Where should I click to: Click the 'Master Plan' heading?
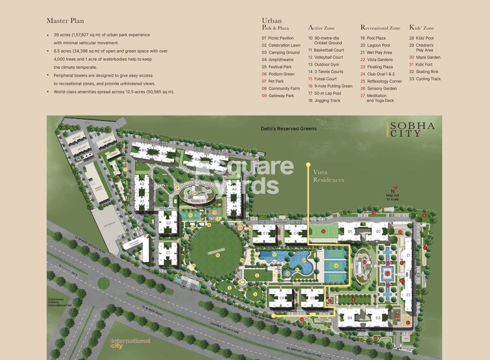(65, 21)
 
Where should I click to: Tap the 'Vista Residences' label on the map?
(328, 176)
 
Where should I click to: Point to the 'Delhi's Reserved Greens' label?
(289, 128)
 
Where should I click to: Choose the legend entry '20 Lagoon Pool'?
(378, 45)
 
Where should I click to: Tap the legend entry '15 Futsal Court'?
(326, 78)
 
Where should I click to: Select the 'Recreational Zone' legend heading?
(380, 29)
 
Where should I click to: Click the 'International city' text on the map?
(130, 342)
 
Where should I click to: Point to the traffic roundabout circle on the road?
(103, 283)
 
